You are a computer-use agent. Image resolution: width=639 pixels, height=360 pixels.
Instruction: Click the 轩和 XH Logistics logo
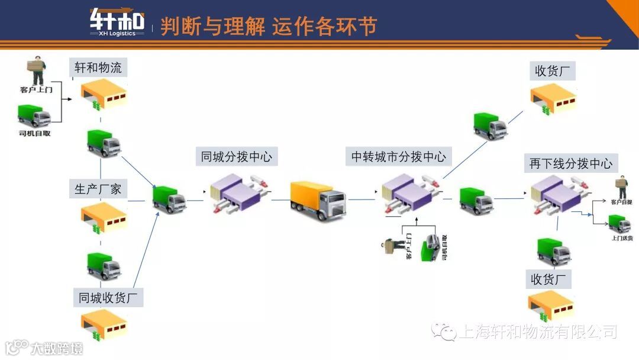(117, 22)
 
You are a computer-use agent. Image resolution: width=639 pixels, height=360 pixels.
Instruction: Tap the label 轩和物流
(98, 67)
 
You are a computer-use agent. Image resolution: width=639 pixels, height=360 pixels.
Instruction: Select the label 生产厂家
(98, 189)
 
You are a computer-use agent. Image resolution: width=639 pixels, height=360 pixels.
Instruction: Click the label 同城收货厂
(111, 297)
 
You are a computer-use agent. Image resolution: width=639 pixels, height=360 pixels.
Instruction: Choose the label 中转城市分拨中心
(398, 157)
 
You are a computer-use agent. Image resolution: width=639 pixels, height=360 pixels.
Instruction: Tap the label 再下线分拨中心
(570, 163)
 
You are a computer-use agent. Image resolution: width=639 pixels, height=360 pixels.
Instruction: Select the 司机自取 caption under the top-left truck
(35, 134)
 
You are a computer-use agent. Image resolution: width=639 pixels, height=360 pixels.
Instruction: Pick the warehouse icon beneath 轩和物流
(104, 95)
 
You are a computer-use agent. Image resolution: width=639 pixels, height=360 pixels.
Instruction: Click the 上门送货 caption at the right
(622, 238)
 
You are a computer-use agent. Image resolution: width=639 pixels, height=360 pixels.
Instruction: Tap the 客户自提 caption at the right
(621, 202)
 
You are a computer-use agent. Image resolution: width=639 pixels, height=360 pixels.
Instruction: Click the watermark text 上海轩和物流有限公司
(538, 332)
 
